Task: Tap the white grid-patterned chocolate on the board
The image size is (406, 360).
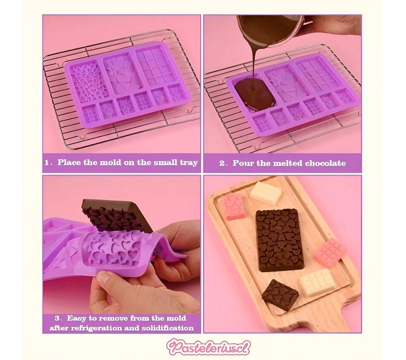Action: (318, 283)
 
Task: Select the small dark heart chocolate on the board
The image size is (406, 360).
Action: (280, 294)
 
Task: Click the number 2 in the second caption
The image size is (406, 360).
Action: (222, 163)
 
